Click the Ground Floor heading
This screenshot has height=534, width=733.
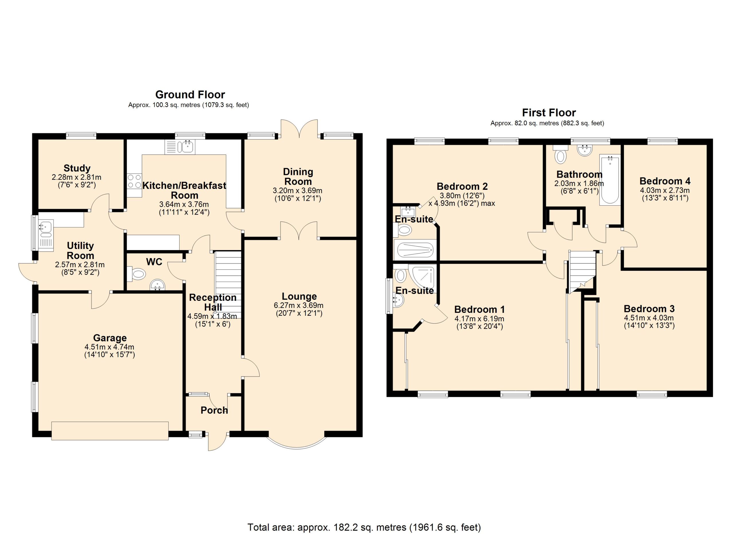tap(190, 95)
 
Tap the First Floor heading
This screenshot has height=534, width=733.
tap(549, 113)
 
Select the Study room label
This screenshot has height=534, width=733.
tap(77, 168)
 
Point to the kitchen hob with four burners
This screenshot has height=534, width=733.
tap(134, 181)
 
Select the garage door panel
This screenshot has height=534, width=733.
tap(110, 431)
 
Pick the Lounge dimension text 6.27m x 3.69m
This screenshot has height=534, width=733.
tap(299, 305)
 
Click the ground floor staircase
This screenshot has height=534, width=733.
tap(228, 284)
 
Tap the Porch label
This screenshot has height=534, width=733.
tap(214, 410)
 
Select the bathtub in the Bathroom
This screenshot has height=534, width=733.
tap(610, 180)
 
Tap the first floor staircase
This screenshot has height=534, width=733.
tap(582, 272)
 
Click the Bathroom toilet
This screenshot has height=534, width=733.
tap(560, 154)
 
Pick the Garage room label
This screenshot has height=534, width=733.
tap(110, 338)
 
